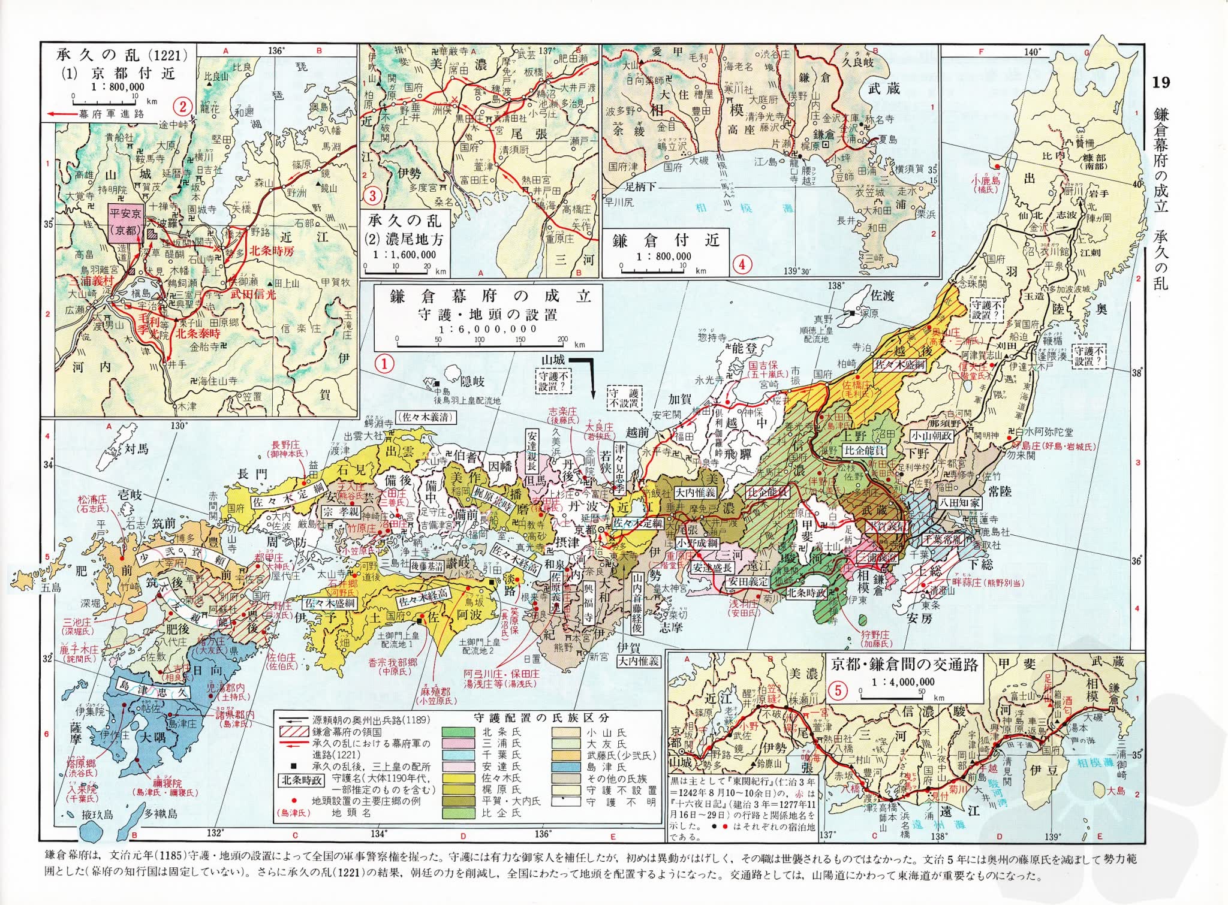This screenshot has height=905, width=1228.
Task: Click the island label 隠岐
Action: point(471,382)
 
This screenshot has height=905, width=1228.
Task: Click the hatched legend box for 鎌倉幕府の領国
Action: point(294,732)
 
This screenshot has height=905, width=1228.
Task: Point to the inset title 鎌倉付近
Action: point(666,241)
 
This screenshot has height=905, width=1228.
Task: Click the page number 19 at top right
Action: point(1161,83)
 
